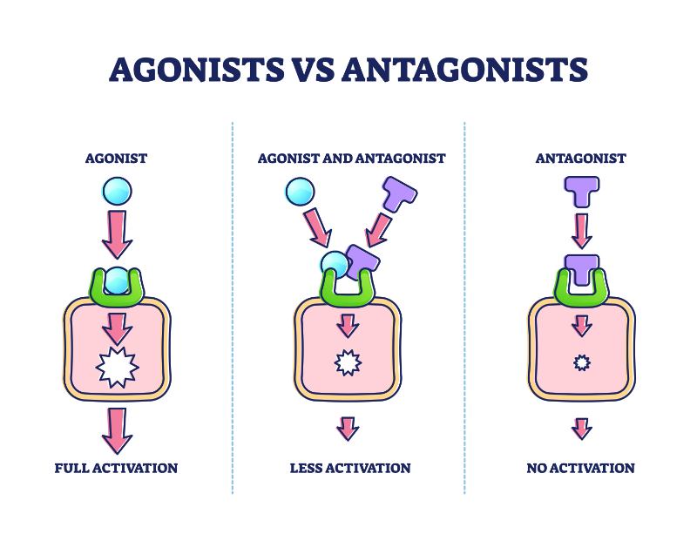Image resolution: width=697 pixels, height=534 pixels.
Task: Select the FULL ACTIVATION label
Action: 116,468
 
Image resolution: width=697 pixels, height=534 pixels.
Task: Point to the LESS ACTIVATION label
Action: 349,468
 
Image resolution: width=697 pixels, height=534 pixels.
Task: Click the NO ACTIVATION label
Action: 580,468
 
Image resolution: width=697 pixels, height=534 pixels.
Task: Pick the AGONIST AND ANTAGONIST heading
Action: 351,159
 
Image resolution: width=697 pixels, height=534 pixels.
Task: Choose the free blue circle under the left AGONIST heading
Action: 116,190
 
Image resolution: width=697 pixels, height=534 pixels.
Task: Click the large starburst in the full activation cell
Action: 116,368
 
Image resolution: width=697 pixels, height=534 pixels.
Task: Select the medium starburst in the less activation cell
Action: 348,362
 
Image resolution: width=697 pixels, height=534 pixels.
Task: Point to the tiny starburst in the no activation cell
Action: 581,362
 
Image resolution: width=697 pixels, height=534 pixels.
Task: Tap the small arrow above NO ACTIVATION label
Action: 581,428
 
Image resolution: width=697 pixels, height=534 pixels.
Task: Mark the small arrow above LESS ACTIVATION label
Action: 348,428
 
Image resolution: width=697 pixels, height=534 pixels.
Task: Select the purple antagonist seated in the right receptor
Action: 581,270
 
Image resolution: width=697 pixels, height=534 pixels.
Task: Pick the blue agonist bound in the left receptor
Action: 116,281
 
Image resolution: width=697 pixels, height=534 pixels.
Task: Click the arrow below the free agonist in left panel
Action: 116,233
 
